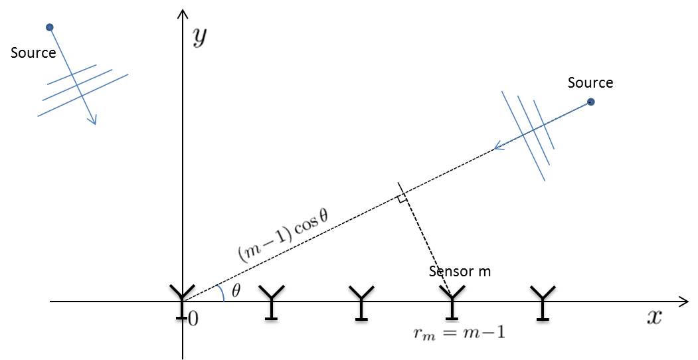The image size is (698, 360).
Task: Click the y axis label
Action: pos(199,39)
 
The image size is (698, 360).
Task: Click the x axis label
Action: pos(654,317)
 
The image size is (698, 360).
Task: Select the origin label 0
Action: pos(193,319)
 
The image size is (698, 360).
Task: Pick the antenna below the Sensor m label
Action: pos(452,302)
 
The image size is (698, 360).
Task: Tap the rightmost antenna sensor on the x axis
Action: pos(543,302)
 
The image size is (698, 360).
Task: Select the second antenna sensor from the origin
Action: pos(272,302)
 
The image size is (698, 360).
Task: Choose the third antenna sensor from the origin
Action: pos(361,302)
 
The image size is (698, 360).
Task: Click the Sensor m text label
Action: pos(460,271)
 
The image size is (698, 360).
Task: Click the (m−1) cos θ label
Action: pos(282,234)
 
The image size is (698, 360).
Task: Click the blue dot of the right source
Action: pos(591,102)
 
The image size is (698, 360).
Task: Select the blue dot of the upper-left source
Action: pos(49,27)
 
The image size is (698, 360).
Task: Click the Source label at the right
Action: pos(590,83)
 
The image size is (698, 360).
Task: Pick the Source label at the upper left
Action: pos(33,53)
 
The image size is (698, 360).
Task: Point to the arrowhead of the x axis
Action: pos(684,302)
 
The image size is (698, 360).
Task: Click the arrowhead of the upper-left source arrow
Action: pos(94,120)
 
